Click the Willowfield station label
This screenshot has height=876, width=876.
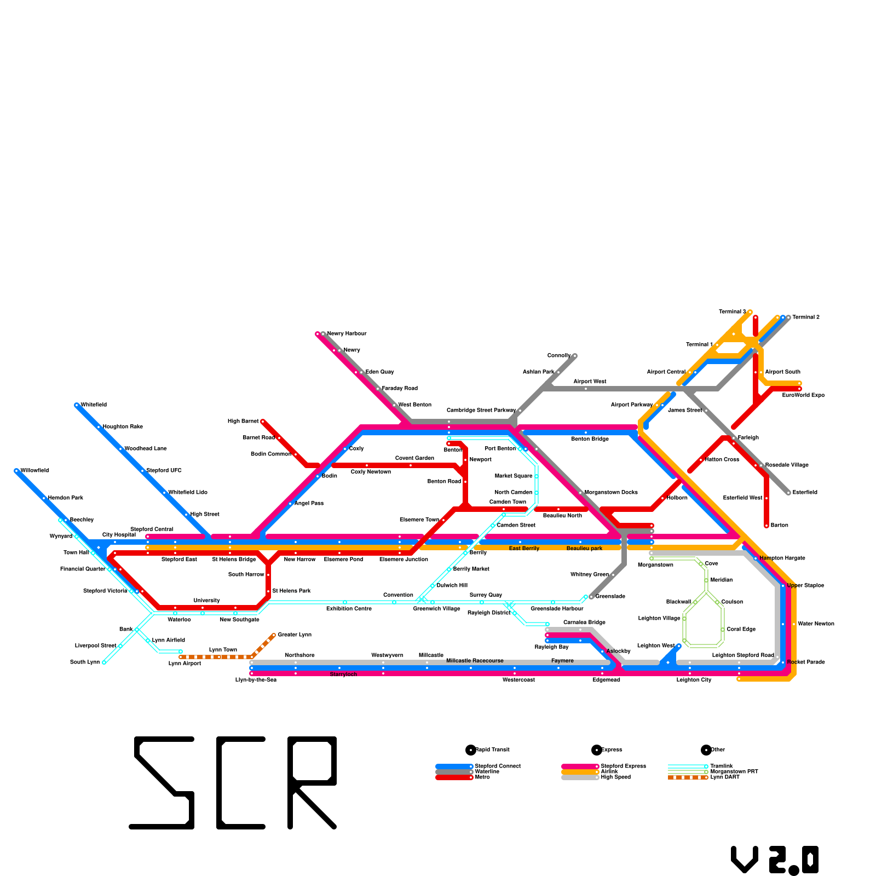(x=34, y=471)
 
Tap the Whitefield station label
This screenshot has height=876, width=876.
(x=94, y=405)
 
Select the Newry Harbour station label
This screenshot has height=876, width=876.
(x=347, y=334)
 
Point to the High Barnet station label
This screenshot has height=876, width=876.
(x=243, y=422)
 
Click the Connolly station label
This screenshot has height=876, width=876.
(x=559, y=356)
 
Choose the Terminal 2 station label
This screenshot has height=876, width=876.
(x=805, y=318)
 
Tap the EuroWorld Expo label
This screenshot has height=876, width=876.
(x=803, y=395)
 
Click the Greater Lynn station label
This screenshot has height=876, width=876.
(x=295, y=635)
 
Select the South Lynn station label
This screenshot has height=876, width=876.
(x=85, y=662)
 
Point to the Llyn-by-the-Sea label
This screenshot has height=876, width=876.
(x=256, y=680)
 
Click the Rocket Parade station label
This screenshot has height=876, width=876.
(x=806, y=662)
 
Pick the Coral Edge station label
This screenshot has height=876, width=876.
(x=741, y=630)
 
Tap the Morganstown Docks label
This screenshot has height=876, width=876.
(x=611, y=493)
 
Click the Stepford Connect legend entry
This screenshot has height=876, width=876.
(x=498, y=766)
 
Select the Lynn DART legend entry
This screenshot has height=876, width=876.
(x=725, y=777)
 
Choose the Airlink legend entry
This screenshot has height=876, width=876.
(x=609, y=772)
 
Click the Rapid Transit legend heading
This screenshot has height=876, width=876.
(x=492, y=750)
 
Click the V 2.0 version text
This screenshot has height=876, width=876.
(x=775, y=860)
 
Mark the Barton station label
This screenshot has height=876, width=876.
(x=779, y=526)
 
